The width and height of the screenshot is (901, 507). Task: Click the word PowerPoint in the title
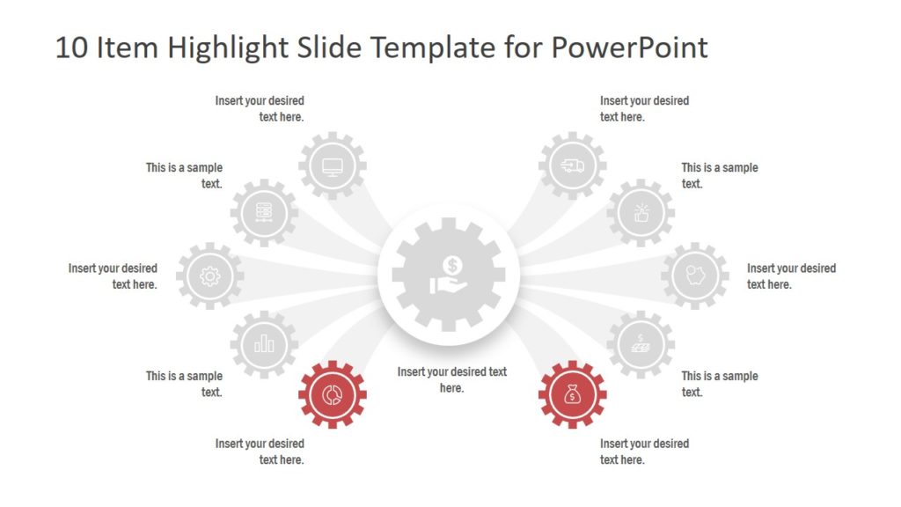[x=629, y=48]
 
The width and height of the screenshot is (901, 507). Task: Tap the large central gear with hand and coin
[x=450, y=276]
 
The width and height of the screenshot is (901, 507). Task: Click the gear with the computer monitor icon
[x=333, y=165]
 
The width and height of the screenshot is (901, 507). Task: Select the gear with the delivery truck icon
[x=572, y=165]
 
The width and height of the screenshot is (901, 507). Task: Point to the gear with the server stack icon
[x=264, y=212]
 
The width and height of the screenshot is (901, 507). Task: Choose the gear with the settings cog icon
[x=209, y=276]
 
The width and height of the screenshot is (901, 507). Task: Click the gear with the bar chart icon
[x=264, y=344]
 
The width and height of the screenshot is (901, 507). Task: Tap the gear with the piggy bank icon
[x=694, y=276]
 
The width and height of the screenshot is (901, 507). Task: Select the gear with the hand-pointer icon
[x=641, y=212]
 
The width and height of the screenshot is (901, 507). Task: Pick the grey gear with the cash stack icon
[x=641, y=344]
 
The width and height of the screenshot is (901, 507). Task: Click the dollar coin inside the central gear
[x=452, y=264]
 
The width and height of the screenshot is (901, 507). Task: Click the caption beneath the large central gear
[x=451, y=379]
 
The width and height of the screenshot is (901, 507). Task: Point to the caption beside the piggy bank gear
[x=790, y=276]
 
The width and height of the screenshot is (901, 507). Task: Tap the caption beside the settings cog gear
[x=114, y=276]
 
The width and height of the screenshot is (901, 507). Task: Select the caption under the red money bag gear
[x=644, y=452]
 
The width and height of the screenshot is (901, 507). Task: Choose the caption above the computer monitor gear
[x=260, y=108]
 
